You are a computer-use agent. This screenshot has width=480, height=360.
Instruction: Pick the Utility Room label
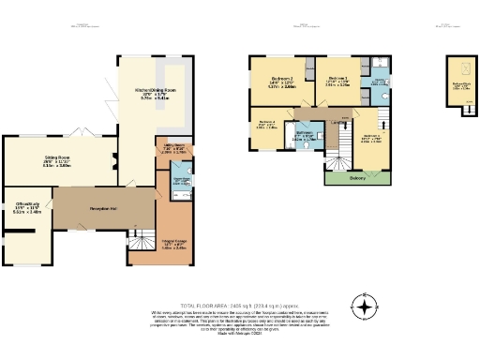click(x=169, y=146)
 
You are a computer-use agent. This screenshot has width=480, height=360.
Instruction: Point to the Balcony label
click(x=356, y=178)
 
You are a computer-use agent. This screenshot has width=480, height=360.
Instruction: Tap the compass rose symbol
click(x=364, y=306)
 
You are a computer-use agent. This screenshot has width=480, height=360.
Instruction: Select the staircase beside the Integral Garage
click(x=142, y=238)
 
